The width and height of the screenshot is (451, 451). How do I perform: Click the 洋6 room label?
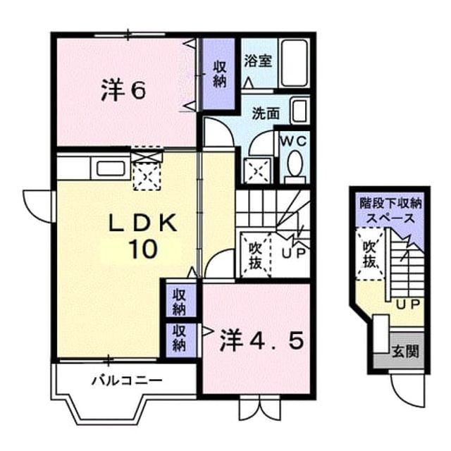[123, 90]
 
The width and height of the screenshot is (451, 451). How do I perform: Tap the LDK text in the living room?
[142, 223]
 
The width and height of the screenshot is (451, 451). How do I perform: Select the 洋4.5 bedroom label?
[261, 341]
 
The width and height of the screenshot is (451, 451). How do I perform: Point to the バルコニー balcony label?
[127, 381]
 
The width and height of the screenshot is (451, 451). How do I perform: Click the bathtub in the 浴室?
[294, 63]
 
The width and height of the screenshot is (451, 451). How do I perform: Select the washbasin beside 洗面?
[300, 111]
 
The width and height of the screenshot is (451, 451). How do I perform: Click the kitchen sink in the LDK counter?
[111, 168]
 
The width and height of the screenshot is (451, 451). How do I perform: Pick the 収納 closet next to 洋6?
[219, 75]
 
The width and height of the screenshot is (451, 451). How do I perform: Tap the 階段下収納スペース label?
[390, 211]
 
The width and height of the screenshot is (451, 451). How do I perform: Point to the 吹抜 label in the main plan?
[255, 255]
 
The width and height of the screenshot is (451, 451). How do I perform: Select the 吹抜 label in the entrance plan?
[369, 254]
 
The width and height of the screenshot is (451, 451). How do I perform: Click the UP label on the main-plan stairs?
[293, 253]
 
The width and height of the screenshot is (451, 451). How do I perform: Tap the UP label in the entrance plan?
[409, 304]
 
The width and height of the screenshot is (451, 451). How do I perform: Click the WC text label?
[294, 142]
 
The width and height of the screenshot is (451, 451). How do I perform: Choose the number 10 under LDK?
[143, 249]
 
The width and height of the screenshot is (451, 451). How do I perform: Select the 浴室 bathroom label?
[258, 61]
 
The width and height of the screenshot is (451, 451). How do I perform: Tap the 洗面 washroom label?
[266, 113]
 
